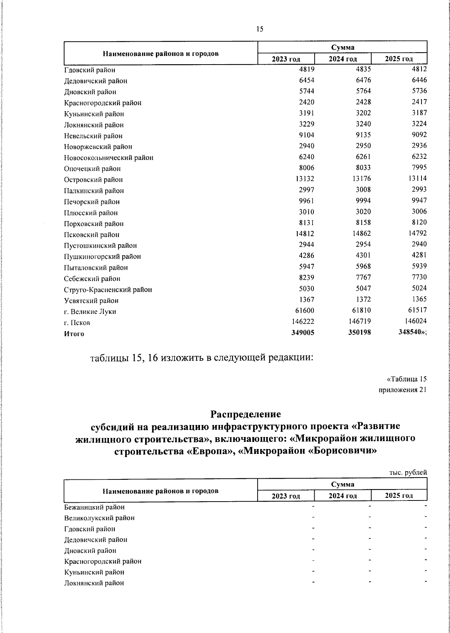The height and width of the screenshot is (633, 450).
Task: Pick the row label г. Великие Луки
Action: pyautogui.click(x=90, y=312)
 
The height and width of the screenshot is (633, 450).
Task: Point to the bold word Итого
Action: pyautogui.click(x=74, y=334)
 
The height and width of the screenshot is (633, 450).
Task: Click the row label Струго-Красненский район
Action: pyautogui.click(x=108, y=289)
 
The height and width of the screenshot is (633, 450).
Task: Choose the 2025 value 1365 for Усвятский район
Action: pyautogui.click(x=419, y=300)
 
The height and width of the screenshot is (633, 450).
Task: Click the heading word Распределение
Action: pyautogui.click(x=245, y=414)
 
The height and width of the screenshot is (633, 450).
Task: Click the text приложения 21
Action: pyautogui.click(x=403, y=390)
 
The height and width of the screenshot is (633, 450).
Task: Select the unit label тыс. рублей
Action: pyautogui.click(x=408, y=473)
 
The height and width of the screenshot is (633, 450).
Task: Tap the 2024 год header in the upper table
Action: pyautogui.click(x=342, y=59)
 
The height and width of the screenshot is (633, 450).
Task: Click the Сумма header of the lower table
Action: pyautogui.click(x=342, y=484)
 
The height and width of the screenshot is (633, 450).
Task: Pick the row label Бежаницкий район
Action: pyautogui.click(x=94, y=507)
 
